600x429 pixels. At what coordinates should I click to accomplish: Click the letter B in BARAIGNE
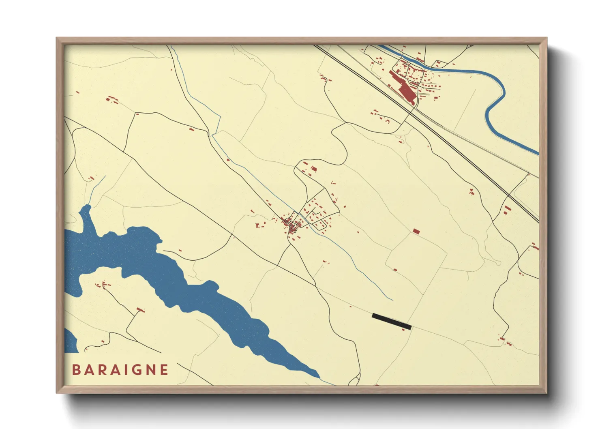click(x=76, y=370)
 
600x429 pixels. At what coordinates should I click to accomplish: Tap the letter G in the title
click(x=137, y=370)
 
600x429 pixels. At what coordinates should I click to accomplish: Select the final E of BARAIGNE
click(x=164, y=370)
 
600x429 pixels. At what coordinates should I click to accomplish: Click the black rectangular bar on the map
click(x=392, y=321)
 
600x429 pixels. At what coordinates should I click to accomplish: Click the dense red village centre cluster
click(x=291, y=224)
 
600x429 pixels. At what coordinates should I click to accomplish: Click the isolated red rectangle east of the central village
click(x=416, y=231)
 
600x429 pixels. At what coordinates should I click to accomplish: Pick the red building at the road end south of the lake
click(x=141, y=310)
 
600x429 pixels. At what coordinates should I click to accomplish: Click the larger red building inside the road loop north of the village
click(x=313, y=169)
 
